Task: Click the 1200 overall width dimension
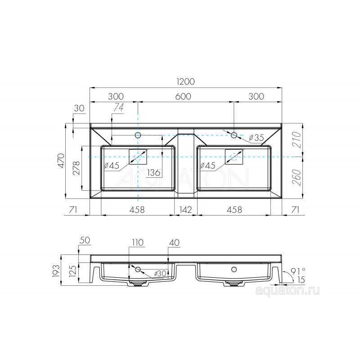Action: coord(186,81)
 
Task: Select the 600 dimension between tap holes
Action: coord(183,96)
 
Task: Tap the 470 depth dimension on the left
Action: coord(61,160)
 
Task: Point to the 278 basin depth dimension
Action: coord(76,168)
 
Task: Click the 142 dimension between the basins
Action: coord(185,210)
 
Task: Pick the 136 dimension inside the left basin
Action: coord(153,172)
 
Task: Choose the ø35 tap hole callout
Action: coord(256,138)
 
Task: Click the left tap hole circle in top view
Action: coord(138,135)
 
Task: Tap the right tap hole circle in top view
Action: coord(234,135)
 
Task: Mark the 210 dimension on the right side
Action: coord(297,139)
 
